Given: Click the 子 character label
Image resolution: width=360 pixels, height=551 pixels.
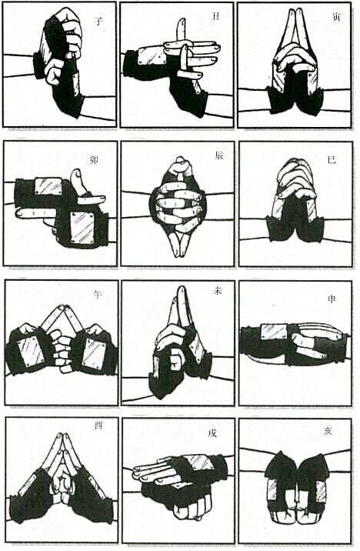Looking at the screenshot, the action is pos(98,22).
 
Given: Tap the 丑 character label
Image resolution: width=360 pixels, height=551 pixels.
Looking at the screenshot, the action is pos(215,16).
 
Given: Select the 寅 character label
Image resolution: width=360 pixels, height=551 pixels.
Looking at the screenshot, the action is pos(335,17).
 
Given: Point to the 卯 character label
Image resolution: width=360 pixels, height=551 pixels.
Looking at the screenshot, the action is pos(94,160).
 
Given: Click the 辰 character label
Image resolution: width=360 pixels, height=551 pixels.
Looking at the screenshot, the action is pos(218,155).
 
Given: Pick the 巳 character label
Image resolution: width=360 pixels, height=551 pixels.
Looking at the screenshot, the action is pos(332,159).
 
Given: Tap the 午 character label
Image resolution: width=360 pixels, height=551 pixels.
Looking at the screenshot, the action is pos(97,293).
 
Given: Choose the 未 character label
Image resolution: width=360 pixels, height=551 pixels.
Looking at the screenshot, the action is pos(217,291).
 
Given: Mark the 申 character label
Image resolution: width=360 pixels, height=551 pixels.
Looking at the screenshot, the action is pos(331,299).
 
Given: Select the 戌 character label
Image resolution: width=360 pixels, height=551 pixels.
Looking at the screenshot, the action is pos(212,433).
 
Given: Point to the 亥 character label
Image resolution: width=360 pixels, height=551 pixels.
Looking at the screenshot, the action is pos(328,431).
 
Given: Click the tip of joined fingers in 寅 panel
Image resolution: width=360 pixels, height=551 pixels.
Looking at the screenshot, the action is pos(295,12).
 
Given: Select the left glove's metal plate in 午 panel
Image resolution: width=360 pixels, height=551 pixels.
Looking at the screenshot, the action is pos(32,351).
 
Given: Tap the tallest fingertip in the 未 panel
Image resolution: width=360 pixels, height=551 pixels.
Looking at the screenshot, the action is pos(182,289).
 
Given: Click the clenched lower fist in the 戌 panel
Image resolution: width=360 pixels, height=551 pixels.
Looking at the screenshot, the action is pos(193,508).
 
